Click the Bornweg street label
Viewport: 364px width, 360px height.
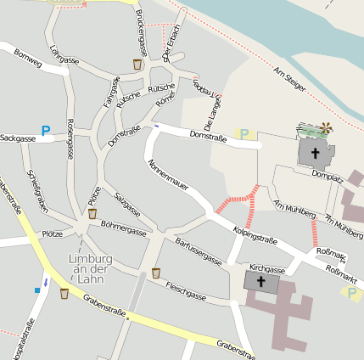tap(28, 62)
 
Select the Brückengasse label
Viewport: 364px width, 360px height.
tap(142, 35)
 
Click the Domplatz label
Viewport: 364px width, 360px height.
tap(327, 177)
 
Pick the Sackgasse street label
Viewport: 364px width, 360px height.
tap(18, 138)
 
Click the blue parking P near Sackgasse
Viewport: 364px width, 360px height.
tap(46, 131)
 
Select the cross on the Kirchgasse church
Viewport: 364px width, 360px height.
tap(261, 281)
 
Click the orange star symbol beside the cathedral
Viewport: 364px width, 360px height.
tap(326, 129)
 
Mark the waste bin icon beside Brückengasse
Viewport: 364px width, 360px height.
tap(137, 65)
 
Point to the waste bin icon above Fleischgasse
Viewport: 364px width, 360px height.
tap(156, 273)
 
